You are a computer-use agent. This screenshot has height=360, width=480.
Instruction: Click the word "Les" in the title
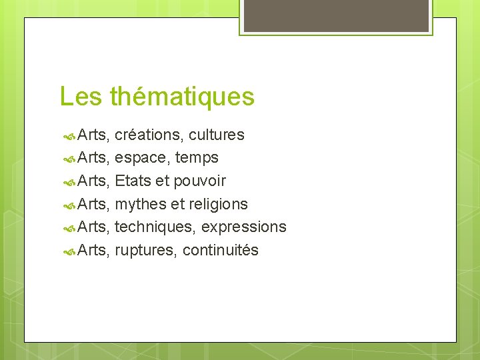[x=81, y=97]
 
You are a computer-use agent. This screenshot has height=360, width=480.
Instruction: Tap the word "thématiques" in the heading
[x=182, y=97]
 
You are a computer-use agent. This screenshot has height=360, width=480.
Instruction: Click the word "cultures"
[x=217, y=135]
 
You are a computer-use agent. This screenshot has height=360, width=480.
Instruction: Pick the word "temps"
[x=197, y=159]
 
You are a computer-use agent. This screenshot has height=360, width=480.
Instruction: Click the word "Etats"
[x=133, y=181]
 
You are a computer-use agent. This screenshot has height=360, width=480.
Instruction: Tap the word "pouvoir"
[x=200, y=181]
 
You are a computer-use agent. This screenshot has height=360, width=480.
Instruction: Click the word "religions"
[x=218, y=204]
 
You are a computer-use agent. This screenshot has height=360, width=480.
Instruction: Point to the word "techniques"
[x=154, y=227]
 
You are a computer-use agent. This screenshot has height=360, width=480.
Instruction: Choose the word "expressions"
[x=244, y=227]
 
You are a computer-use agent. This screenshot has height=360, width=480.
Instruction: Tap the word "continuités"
[x=221, y=251]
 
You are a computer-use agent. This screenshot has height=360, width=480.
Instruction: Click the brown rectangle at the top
[x=336, y=15]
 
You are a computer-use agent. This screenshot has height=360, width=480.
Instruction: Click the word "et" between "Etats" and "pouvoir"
[x=161, y=181]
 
